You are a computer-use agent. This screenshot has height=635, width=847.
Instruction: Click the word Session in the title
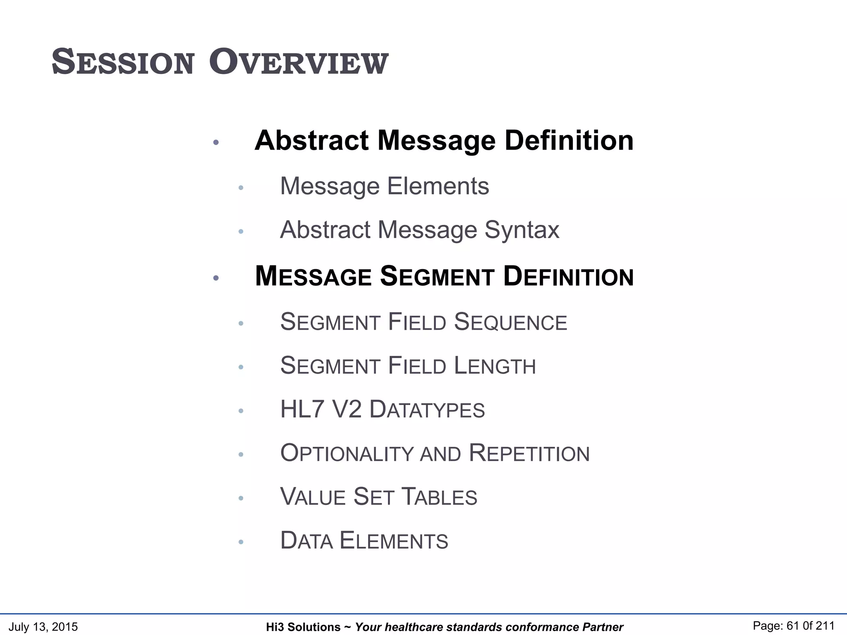tap(123, 63)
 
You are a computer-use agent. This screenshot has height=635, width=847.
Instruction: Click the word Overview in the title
tap(299, 63)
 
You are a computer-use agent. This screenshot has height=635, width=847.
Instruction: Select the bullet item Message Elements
tap(384, 186)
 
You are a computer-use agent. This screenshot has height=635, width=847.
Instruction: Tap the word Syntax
tap(522, 230)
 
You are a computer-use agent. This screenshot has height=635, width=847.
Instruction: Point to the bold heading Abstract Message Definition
tap(444, 141)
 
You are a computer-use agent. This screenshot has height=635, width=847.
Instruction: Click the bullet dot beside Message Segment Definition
tap(215, 278)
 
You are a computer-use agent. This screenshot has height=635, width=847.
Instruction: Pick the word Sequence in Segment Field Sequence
tap(510, 322)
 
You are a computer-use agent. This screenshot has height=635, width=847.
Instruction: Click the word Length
tap(495, 366)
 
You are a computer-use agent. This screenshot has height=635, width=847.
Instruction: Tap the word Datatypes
tap(427, 410)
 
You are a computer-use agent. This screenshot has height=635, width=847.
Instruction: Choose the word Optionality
tap(347, 454)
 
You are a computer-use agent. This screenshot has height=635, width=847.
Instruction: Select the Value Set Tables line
tap(378, 497)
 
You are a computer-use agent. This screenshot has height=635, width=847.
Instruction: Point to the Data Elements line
tap(364, 541)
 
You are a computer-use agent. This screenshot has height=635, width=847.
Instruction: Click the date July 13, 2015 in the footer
tap(43, 627)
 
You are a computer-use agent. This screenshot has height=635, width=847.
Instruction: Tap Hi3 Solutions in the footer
tap(303, 627)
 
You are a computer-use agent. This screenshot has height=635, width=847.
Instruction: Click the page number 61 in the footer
tap(793, 626)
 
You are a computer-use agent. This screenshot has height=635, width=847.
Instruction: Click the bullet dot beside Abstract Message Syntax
tap(241, 232)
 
